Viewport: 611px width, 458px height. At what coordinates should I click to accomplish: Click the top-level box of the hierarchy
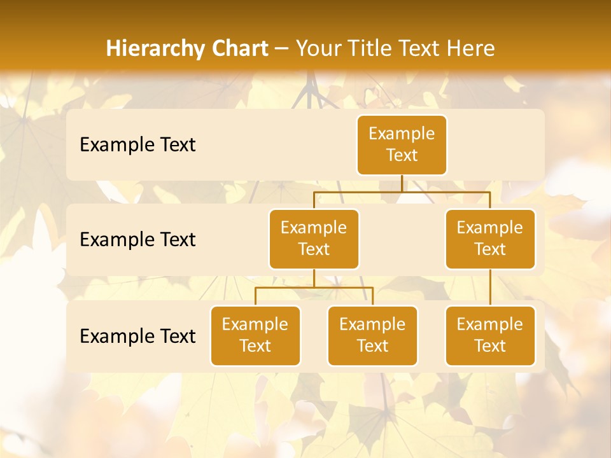(402, 144)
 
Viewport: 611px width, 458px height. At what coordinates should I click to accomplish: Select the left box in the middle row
(314, 239)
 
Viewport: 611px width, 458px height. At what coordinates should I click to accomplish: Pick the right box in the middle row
(490, 239)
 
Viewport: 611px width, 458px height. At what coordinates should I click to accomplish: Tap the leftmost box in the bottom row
(255, 335)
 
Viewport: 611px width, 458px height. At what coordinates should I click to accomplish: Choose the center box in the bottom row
(372, 335)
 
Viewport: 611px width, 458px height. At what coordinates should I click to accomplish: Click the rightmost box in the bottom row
(490, 335)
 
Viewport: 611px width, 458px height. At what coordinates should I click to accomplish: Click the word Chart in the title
(239, 48)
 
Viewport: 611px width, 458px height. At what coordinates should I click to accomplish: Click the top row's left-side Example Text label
(137, 145)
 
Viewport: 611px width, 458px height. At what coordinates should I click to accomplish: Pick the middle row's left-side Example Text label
(137, 240)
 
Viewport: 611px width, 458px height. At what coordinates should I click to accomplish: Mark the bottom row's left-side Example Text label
(137, 337)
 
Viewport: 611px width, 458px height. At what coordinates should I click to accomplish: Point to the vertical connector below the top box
(402, 183)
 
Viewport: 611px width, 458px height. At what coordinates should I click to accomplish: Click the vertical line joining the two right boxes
(490, 288)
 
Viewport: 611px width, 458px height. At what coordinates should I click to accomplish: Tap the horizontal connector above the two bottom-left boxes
(314, 288)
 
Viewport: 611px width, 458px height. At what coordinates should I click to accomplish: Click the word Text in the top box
(402, 155)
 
